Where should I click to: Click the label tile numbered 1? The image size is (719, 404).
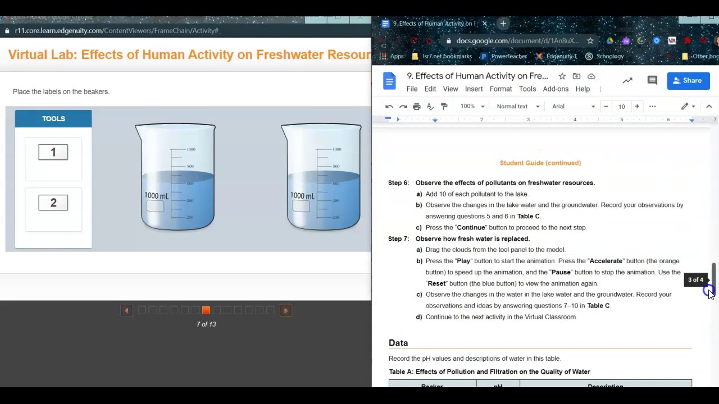click(x=53, y=152)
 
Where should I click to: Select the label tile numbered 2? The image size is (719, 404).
click(x=53, y=203)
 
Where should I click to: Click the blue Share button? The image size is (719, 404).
click(x=688, y=81)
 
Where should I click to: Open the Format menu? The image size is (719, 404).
click(x=500, y=89)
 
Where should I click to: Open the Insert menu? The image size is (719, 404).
click(x=474, y=89)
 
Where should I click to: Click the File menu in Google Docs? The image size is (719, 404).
click(x=412, y=89)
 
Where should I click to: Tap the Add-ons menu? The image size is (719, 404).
click(x=556, y=89)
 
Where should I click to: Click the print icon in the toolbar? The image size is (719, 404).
click(x=416, y=107)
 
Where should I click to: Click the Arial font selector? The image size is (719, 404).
click(x=573, y=107)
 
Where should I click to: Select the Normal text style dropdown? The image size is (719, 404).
click(x=517, y=107)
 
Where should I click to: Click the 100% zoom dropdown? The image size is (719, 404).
click(x=472, y=107)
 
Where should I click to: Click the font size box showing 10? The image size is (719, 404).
click(x=621, y=107)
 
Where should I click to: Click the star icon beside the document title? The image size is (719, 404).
click(x=562, y=76)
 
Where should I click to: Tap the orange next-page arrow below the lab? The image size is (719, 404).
click(x=285, y=310)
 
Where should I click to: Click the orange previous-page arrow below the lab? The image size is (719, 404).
click(x=126, y=310)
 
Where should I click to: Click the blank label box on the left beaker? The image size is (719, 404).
click(x=156, y=206)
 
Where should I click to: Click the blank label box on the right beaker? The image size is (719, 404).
click(x=301, y=206)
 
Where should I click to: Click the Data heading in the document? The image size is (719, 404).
click(x=398, y=343)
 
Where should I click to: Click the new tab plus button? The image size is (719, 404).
click(x=503, y=24)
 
